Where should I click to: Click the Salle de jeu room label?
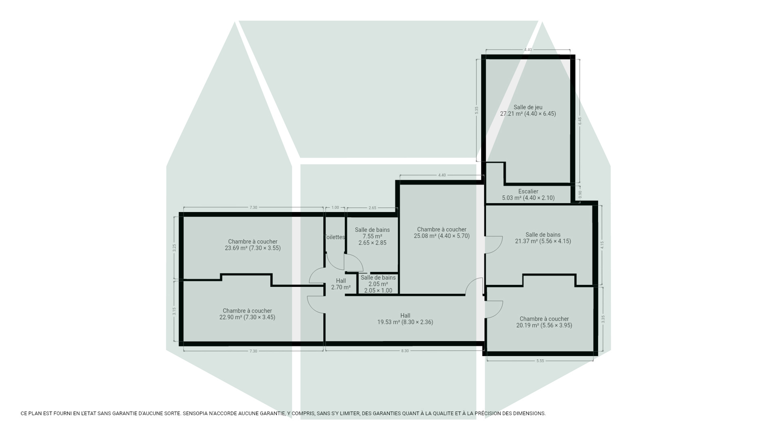tap(528, 107)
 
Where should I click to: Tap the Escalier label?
tap(528, 191)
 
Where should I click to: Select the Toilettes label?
tap(334, 237)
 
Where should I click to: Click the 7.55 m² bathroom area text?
tap(372, 236)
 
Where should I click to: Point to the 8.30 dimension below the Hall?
tap(405, 351)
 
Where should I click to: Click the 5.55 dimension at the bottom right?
tap(540, 361)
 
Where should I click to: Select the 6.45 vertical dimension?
tap(580, 121)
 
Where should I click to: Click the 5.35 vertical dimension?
tap(477, 110)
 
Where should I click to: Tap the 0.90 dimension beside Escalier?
tap(580, 194)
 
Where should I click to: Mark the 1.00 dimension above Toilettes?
tap(335, 208)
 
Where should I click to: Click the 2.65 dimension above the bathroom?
tap(372, 208)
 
